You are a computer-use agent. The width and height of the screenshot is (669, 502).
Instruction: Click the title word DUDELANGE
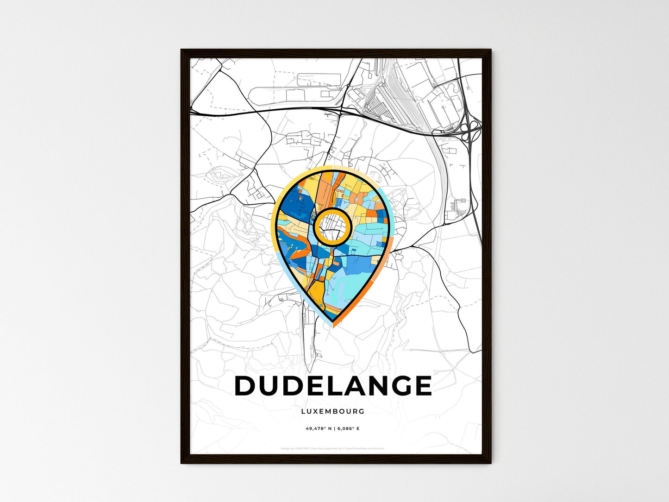333,386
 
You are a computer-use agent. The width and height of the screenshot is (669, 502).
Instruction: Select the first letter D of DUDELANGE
245,386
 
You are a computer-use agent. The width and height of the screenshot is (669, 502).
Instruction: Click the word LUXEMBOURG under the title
333,411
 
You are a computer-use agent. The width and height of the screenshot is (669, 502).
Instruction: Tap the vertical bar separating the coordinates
334,429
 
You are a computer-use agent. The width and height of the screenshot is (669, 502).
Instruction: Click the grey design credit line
332,448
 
